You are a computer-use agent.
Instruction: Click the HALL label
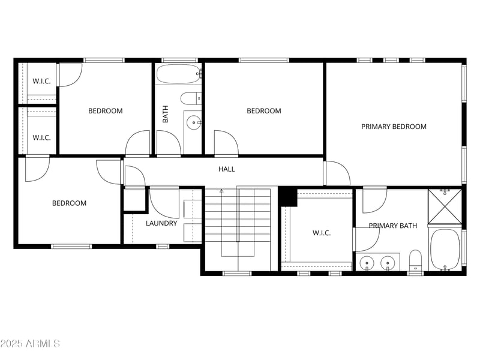226,169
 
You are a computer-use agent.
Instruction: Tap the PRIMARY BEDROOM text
394,127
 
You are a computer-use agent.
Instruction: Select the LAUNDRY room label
161,223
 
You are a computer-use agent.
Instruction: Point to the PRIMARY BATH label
392,226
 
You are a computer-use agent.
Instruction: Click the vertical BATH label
166,114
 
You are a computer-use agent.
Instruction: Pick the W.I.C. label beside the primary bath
322,233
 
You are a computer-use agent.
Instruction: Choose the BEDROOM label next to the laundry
69,203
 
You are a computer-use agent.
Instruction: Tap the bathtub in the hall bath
179,75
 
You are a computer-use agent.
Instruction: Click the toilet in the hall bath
191,98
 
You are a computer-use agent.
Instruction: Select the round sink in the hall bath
194,123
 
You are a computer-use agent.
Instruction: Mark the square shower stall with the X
445,206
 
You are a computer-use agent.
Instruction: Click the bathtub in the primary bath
445,250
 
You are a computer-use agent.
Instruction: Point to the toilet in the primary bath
415,260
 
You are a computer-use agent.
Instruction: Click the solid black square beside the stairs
288,197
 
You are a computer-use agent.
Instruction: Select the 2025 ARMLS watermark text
30,344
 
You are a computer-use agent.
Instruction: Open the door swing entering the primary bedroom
337,174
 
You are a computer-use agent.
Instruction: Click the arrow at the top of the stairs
221,191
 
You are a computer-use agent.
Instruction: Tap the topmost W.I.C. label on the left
41,81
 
